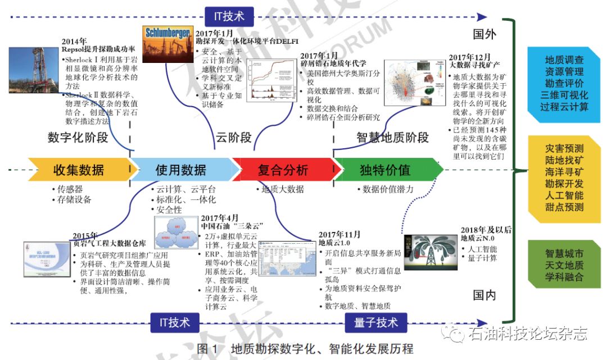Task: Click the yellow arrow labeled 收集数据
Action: click(x=78, y=170)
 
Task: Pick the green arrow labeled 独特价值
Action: click(x=385, y=170)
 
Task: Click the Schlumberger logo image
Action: click(x=167, y=44)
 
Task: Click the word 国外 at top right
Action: click(x=484, y=35)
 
